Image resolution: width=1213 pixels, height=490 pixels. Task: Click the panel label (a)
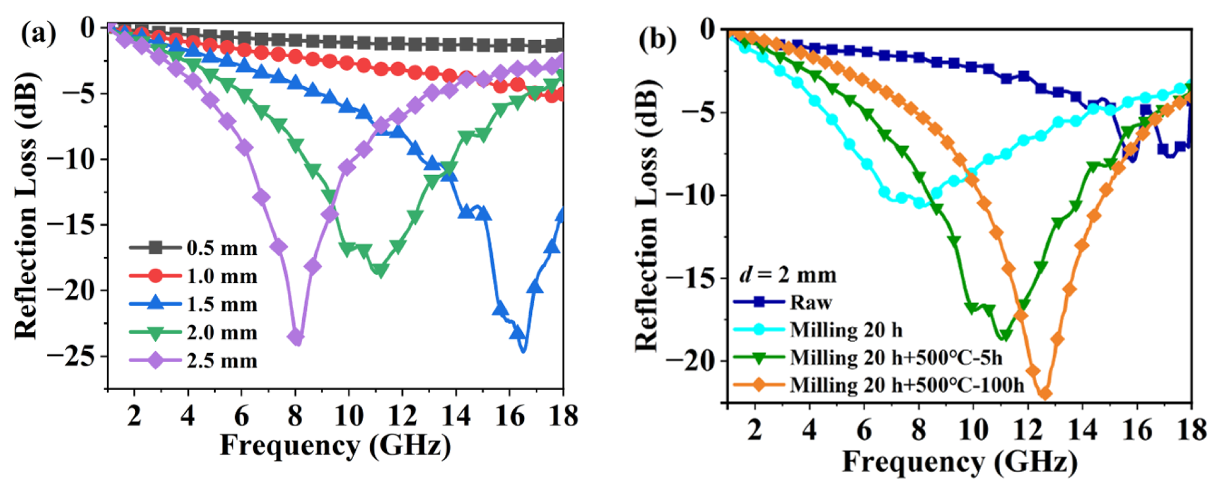pos(39,34)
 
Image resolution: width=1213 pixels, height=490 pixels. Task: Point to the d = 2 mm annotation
pos(787,275)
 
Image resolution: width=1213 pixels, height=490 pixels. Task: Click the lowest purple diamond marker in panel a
pos(296,337)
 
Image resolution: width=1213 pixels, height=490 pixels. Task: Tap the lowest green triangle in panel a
pos(380,270)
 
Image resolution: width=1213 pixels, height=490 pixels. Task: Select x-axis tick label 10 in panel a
pos(348,416)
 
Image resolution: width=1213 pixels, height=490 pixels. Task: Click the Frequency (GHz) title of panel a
pos(335,445)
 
